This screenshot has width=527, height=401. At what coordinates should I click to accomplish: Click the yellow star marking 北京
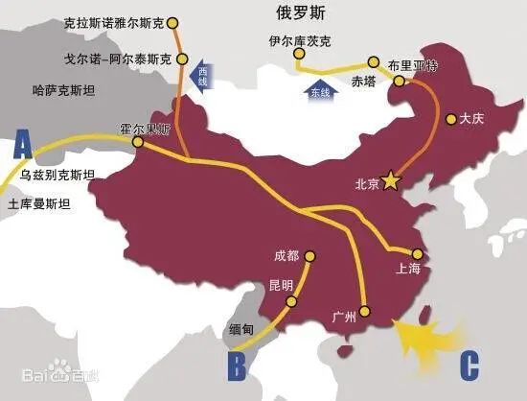tap(390, 180)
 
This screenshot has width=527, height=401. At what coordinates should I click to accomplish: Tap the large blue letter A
tap(24, 147)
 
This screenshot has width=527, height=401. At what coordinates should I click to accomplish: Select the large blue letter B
tap(238, 366)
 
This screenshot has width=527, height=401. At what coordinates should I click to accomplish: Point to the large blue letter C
tap(469, 366)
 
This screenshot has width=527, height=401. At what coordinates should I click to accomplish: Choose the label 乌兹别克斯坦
tap(57, 175)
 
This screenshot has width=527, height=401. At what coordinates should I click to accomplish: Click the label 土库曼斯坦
tap(39, 204)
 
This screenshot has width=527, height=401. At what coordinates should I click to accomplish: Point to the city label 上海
tap(407, 270)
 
